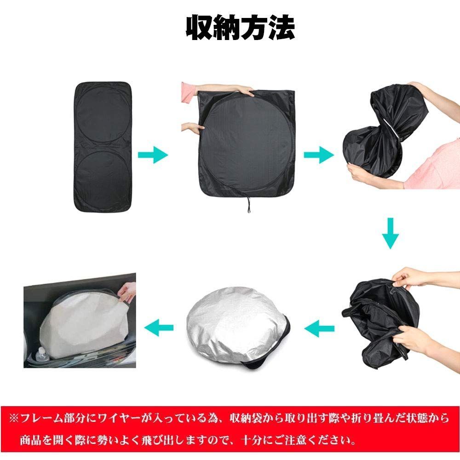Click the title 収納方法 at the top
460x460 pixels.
coord(240,28)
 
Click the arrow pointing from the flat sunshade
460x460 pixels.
coord(153,155)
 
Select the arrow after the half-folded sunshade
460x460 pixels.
coord(319,155)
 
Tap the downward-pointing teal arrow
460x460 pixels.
coord(391,233)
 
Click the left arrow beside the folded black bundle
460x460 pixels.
coord(319,328)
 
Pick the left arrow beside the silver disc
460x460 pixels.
coord(159,328)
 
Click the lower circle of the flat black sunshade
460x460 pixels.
coord(103,176)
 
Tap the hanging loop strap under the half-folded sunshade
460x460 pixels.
coord(249,205)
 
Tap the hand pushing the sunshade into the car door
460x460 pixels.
coord(127,291)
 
